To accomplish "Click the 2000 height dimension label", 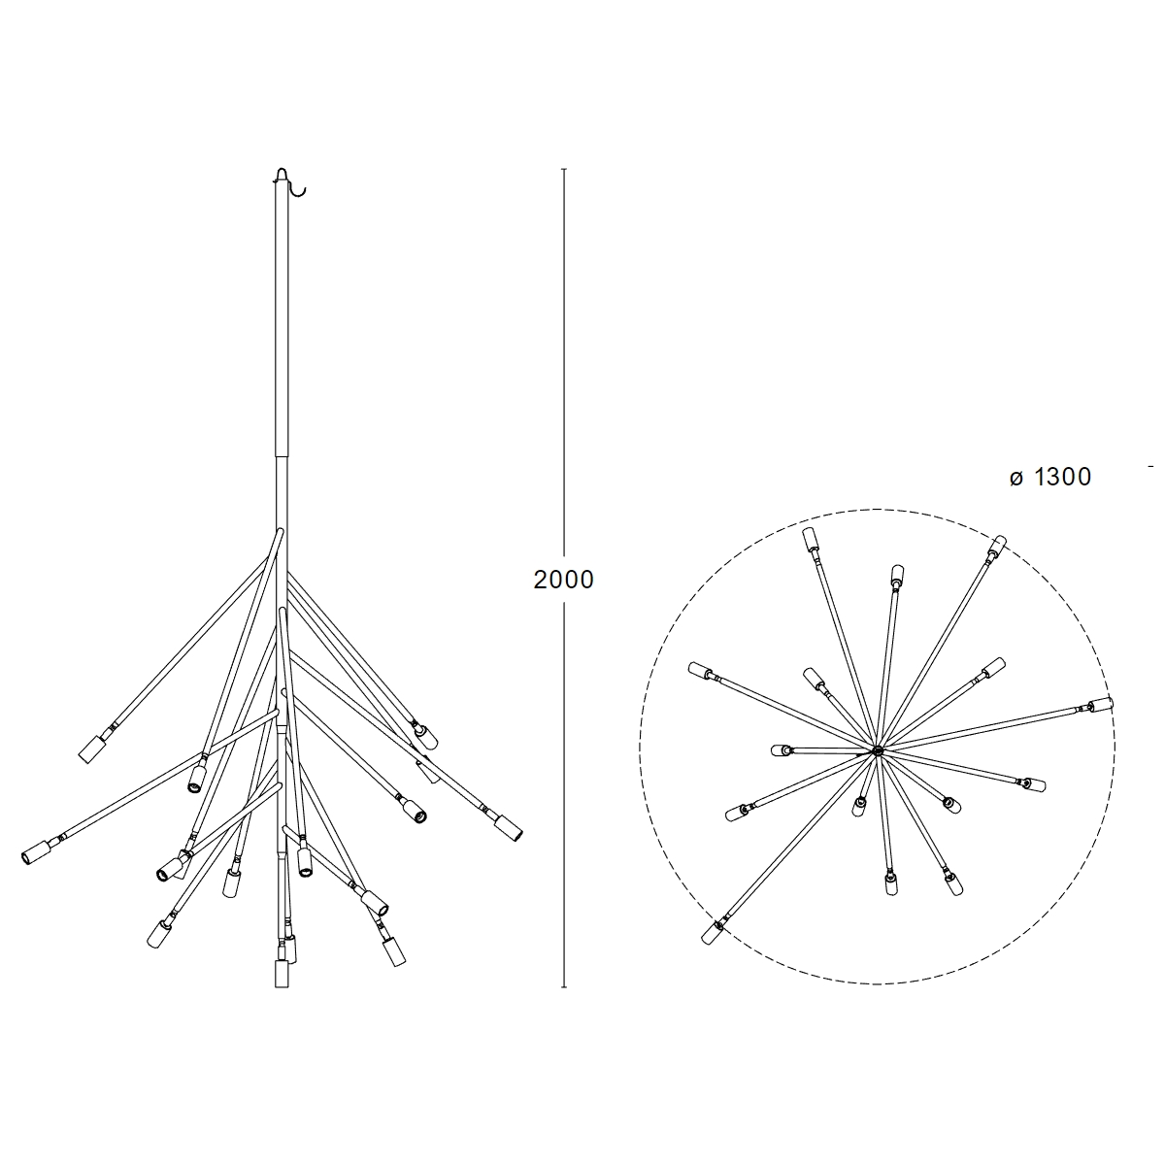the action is [563, 580].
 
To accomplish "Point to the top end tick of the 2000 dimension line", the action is [564, 169].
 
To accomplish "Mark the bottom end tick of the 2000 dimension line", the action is [564, 987].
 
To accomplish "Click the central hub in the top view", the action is [878, 750].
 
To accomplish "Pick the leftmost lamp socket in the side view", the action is [35, 853].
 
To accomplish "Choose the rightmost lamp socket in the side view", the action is [508, 828].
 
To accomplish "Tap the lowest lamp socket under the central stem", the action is [282, 974].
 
